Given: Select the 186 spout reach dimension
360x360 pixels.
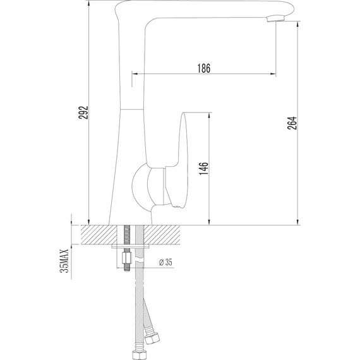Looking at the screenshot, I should (x=203, y=68).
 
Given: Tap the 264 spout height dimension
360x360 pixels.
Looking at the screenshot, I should (x=291, y=123).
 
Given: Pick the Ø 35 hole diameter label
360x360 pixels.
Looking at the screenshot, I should (x=165, y=261).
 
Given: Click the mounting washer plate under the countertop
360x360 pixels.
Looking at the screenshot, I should (x=132, y=248).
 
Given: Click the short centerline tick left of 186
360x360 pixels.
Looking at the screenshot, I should (x=132, y=80).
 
